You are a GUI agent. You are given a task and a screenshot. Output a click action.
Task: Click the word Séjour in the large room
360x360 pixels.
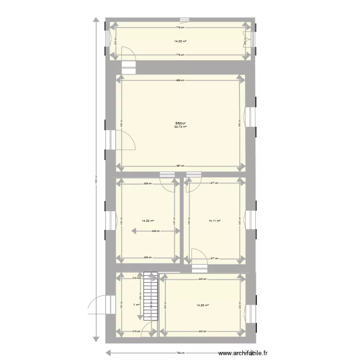pyautogui.click(x=180, y=123)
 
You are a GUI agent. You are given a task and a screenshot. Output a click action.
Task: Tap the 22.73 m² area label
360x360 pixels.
pyautogui.click(x=180, y=127)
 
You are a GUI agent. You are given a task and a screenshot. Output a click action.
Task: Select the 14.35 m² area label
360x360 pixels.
pyautogui.click(x=180, y=41)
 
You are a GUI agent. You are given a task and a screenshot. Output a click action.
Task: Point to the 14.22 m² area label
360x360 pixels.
pyautogui.click(x=147, y=221)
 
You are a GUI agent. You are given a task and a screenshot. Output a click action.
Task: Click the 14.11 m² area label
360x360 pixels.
pyautogui.click(x=215, y=221)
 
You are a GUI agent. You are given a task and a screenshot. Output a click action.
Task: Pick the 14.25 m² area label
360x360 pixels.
pyautogui.click(x=203, y=305)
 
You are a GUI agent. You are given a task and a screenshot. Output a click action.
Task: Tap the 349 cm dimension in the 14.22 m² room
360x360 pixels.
pyautogui.click(x=156, y=231)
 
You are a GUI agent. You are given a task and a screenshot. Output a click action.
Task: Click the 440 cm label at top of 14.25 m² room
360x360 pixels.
pyautogui.click(x=203, y=279)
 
